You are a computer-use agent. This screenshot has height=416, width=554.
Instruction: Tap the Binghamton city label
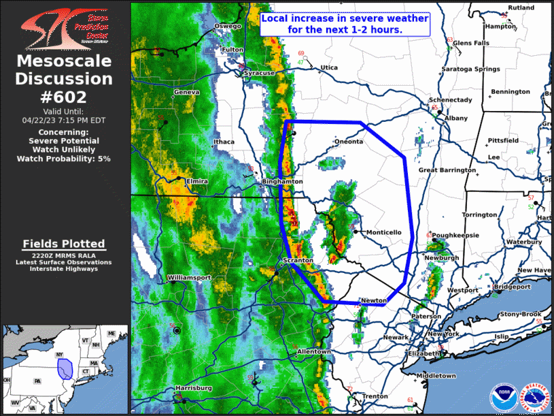282,182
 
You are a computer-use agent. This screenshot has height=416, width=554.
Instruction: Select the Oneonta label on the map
350,142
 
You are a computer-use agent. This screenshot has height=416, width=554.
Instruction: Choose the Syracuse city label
260,73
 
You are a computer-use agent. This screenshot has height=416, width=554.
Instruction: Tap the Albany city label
456,118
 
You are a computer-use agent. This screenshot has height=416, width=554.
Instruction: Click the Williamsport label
189,278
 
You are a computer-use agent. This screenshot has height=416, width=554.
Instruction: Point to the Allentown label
313,351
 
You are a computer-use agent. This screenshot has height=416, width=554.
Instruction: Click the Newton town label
374,300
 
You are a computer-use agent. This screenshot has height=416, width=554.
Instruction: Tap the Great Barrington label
447,170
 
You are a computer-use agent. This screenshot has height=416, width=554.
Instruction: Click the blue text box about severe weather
345,25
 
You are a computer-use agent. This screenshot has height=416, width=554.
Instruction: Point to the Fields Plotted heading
64,244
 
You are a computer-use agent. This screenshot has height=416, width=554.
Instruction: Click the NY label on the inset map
60,355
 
